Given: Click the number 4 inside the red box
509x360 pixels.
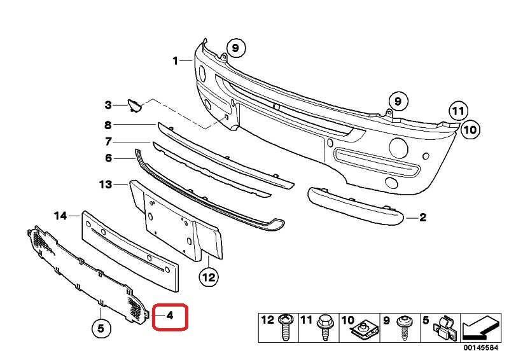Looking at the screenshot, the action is point(170,315).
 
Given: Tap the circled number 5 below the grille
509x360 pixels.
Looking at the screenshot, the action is point(101,328).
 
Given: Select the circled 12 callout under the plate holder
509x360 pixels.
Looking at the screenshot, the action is point(209,277).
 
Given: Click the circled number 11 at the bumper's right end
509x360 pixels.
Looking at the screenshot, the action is point(458,111).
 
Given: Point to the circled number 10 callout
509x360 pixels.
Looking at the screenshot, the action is point(470,130).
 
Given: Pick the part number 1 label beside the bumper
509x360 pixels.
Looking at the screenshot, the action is point(176,60).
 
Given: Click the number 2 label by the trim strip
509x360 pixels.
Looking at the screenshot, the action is point(422,217).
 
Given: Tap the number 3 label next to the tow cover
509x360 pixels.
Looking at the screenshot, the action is point(108,105).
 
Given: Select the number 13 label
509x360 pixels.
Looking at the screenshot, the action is point(106,184).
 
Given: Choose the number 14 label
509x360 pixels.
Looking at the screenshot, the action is point(60,216).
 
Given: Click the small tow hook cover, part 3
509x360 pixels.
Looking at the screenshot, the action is point(134,106).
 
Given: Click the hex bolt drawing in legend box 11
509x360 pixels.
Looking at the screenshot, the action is point(325,328).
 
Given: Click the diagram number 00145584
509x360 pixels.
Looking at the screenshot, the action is point(480,348).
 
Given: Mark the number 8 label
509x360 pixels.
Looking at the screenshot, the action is point(108,125).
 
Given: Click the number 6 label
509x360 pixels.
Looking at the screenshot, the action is point(108,158).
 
